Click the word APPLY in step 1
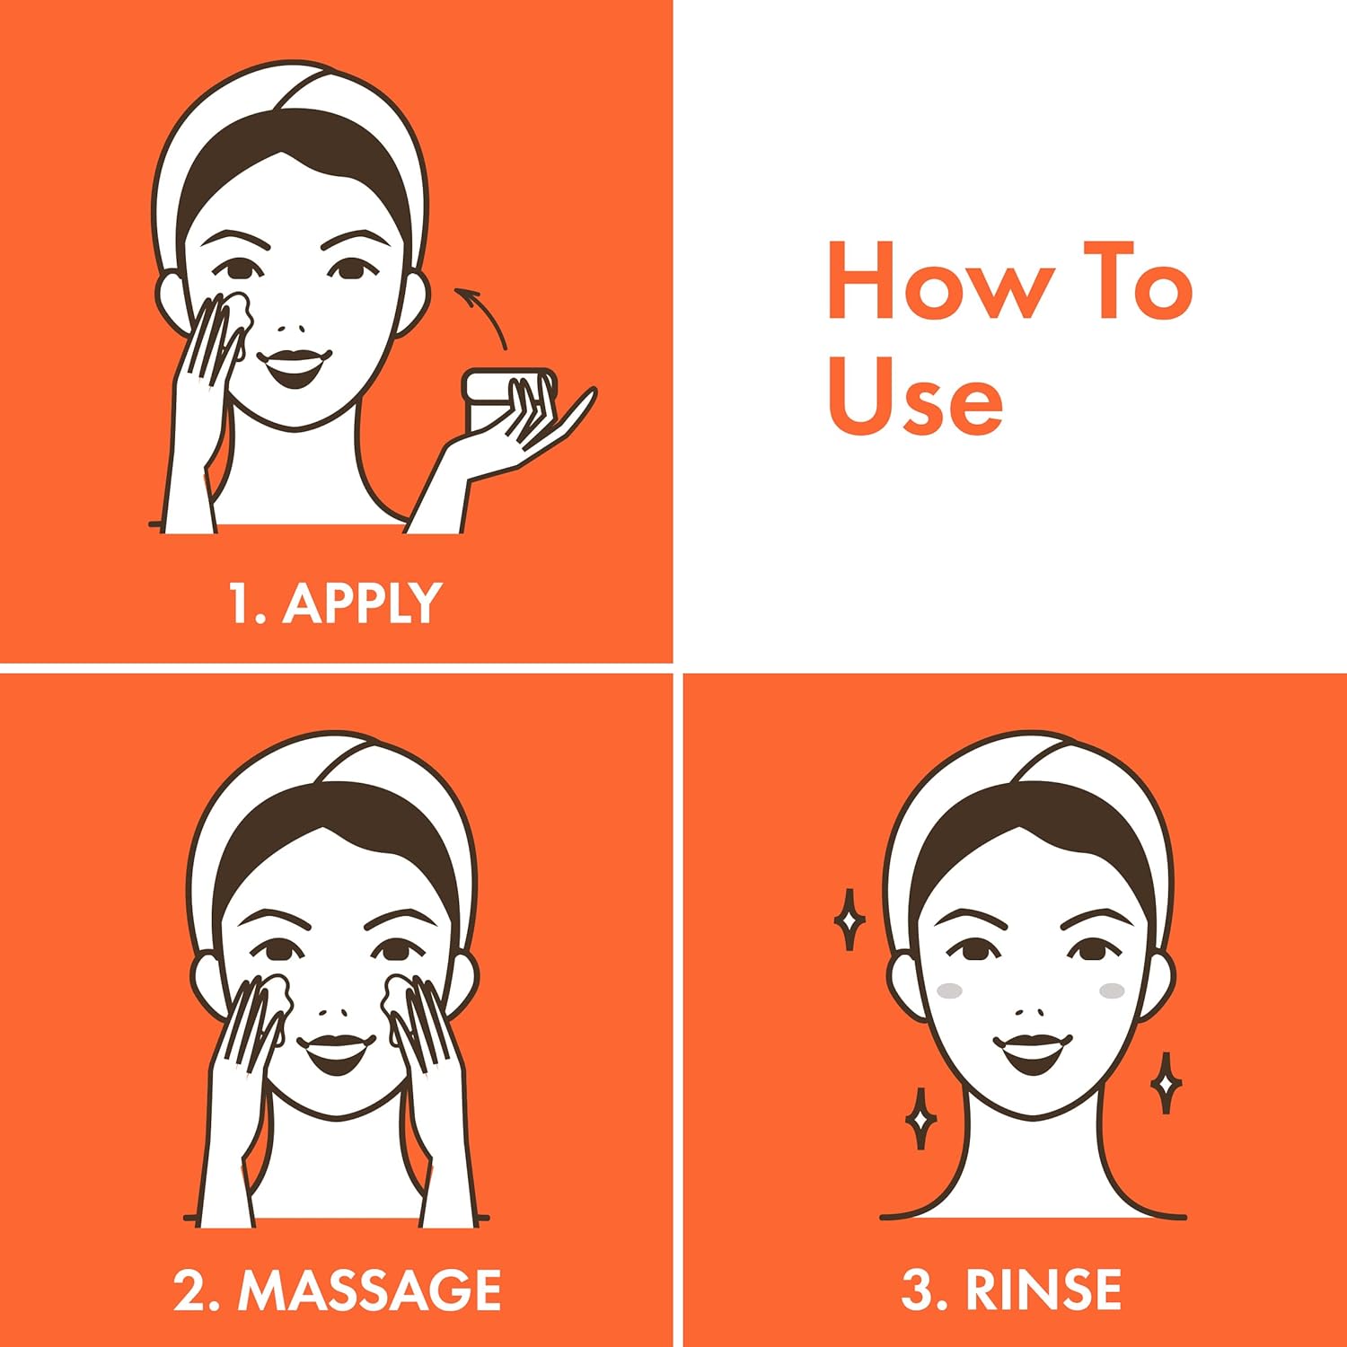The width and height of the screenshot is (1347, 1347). [x=362, y=603]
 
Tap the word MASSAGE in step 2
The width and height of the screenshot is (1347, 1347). [x=369, y=1290]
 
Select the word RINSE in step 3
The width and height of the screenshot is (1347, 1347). [x=1043, y=1290]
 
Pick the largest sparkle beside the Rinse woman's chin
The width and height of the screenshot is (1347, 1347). [x=1166, y=1083]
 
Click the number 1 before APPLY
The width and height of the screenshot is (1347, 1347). [x=241, y=603]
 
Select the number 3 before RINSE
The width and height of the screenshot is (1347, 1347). [x=917, y=1290]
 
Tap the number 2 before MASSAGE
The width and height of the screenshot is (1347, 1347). [x=190, y=1290]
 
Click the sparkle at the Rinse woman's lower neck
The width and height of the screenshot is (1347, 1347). [x=920, y=1119]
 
